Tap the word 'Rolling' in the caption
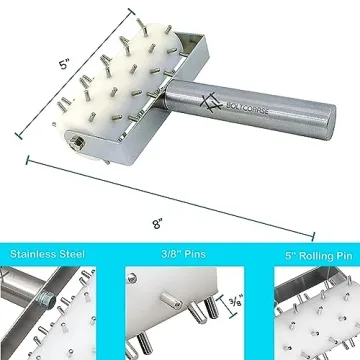(305, 255)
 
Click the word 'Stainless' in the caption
(32, 255)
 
